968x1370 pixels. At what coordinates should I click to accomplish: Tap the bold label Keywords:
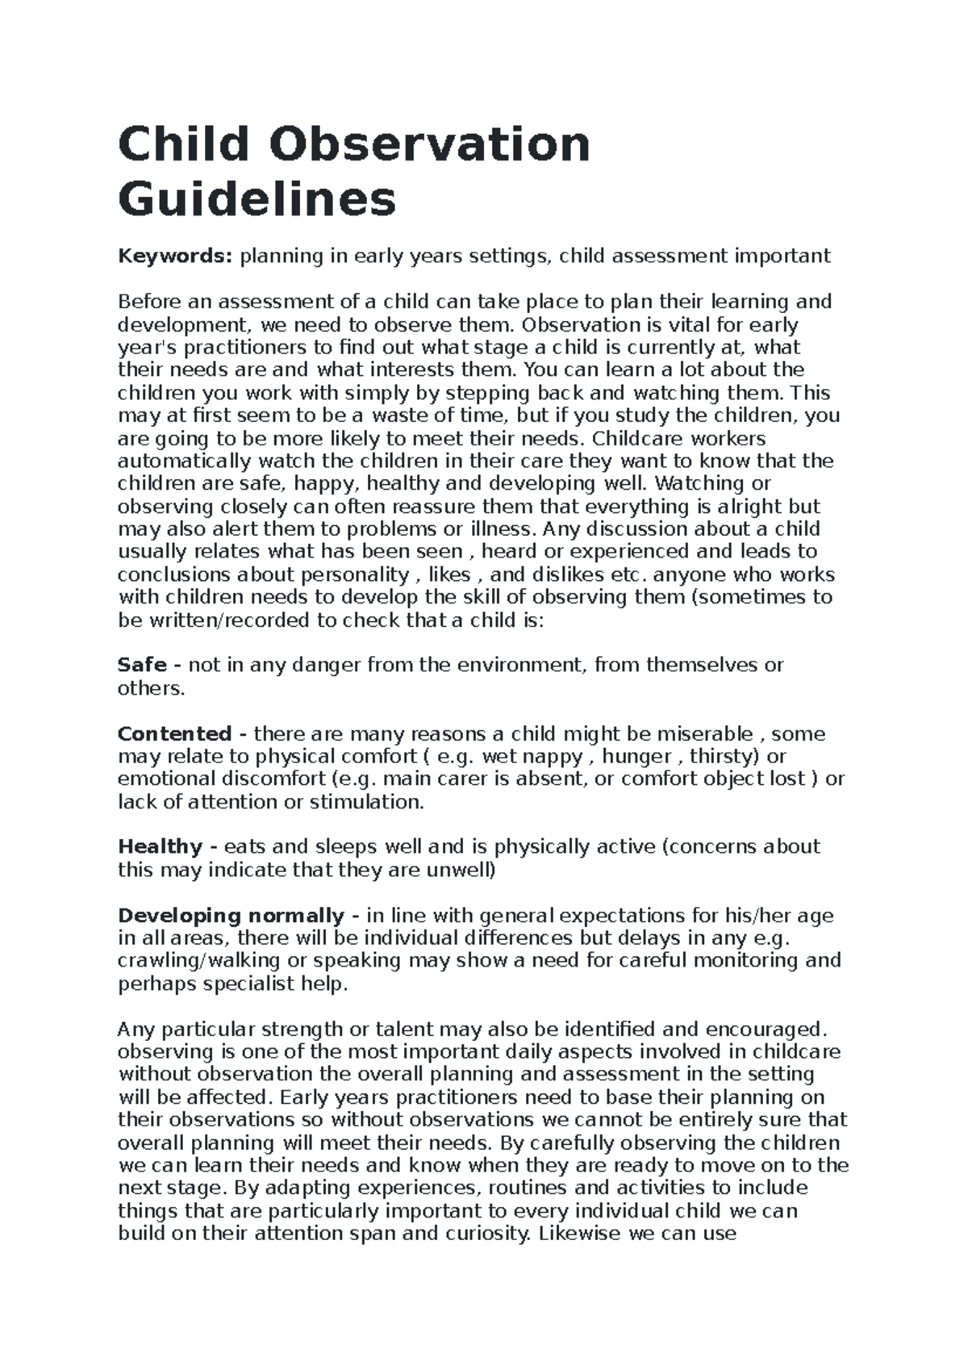(175, 257)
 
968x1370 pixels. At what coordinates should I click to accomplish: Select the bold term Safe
(142, 665)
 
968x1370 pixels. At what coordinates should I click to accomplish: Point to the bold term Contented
(174, 734)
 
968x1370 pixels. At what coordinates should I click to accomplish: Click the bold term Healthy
(160, 846)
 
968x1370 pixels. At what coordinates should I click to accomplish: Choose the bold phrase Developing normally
(231, 916)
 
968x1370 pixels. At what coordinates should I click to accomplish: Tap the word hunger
(637, 757)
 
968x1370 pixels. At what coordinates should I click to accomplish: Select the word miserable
(706, 734)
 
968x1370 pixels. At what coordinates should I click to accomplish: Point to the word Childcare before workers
(638, 439)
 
